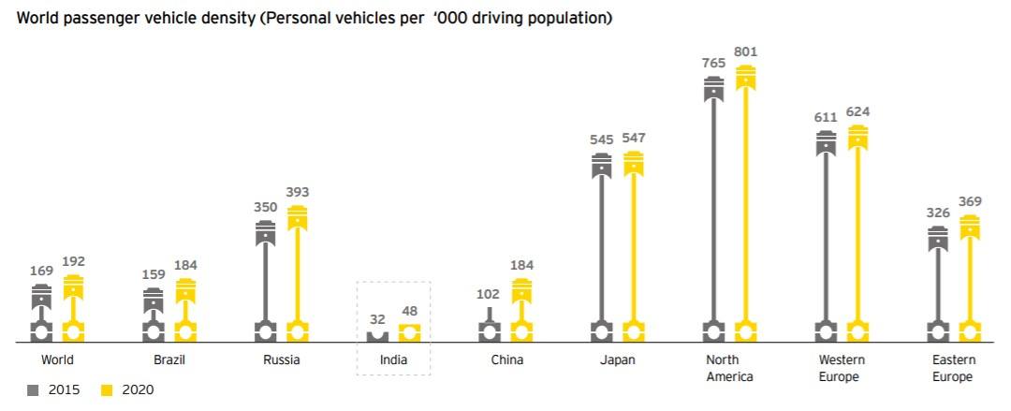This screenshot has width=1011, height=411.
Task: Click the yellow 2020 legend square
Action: point(106,390)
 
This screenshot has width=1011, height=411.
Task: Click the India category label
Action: point(393,360)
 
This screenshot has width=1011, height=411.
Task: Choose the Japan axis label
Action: point(618,360)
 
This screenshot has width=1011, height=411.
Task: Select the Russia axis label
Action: point(282,360)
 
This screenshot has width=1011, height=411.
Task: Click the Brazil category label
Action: point(169,360)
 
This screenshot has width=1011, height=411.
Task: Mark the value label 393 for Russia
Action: point(298,191)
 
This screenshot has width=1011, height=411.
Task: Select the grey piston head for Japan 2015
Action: point(602,166)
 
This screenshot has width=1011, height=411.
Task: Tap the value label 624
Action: point(857,112)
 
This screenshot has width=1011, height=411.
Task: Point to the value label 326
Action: point(937,213)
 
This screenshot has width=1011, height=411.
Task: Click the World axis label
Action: point(57,360)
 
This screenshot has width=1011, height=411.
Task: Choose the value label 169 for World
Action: point(41,272)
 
